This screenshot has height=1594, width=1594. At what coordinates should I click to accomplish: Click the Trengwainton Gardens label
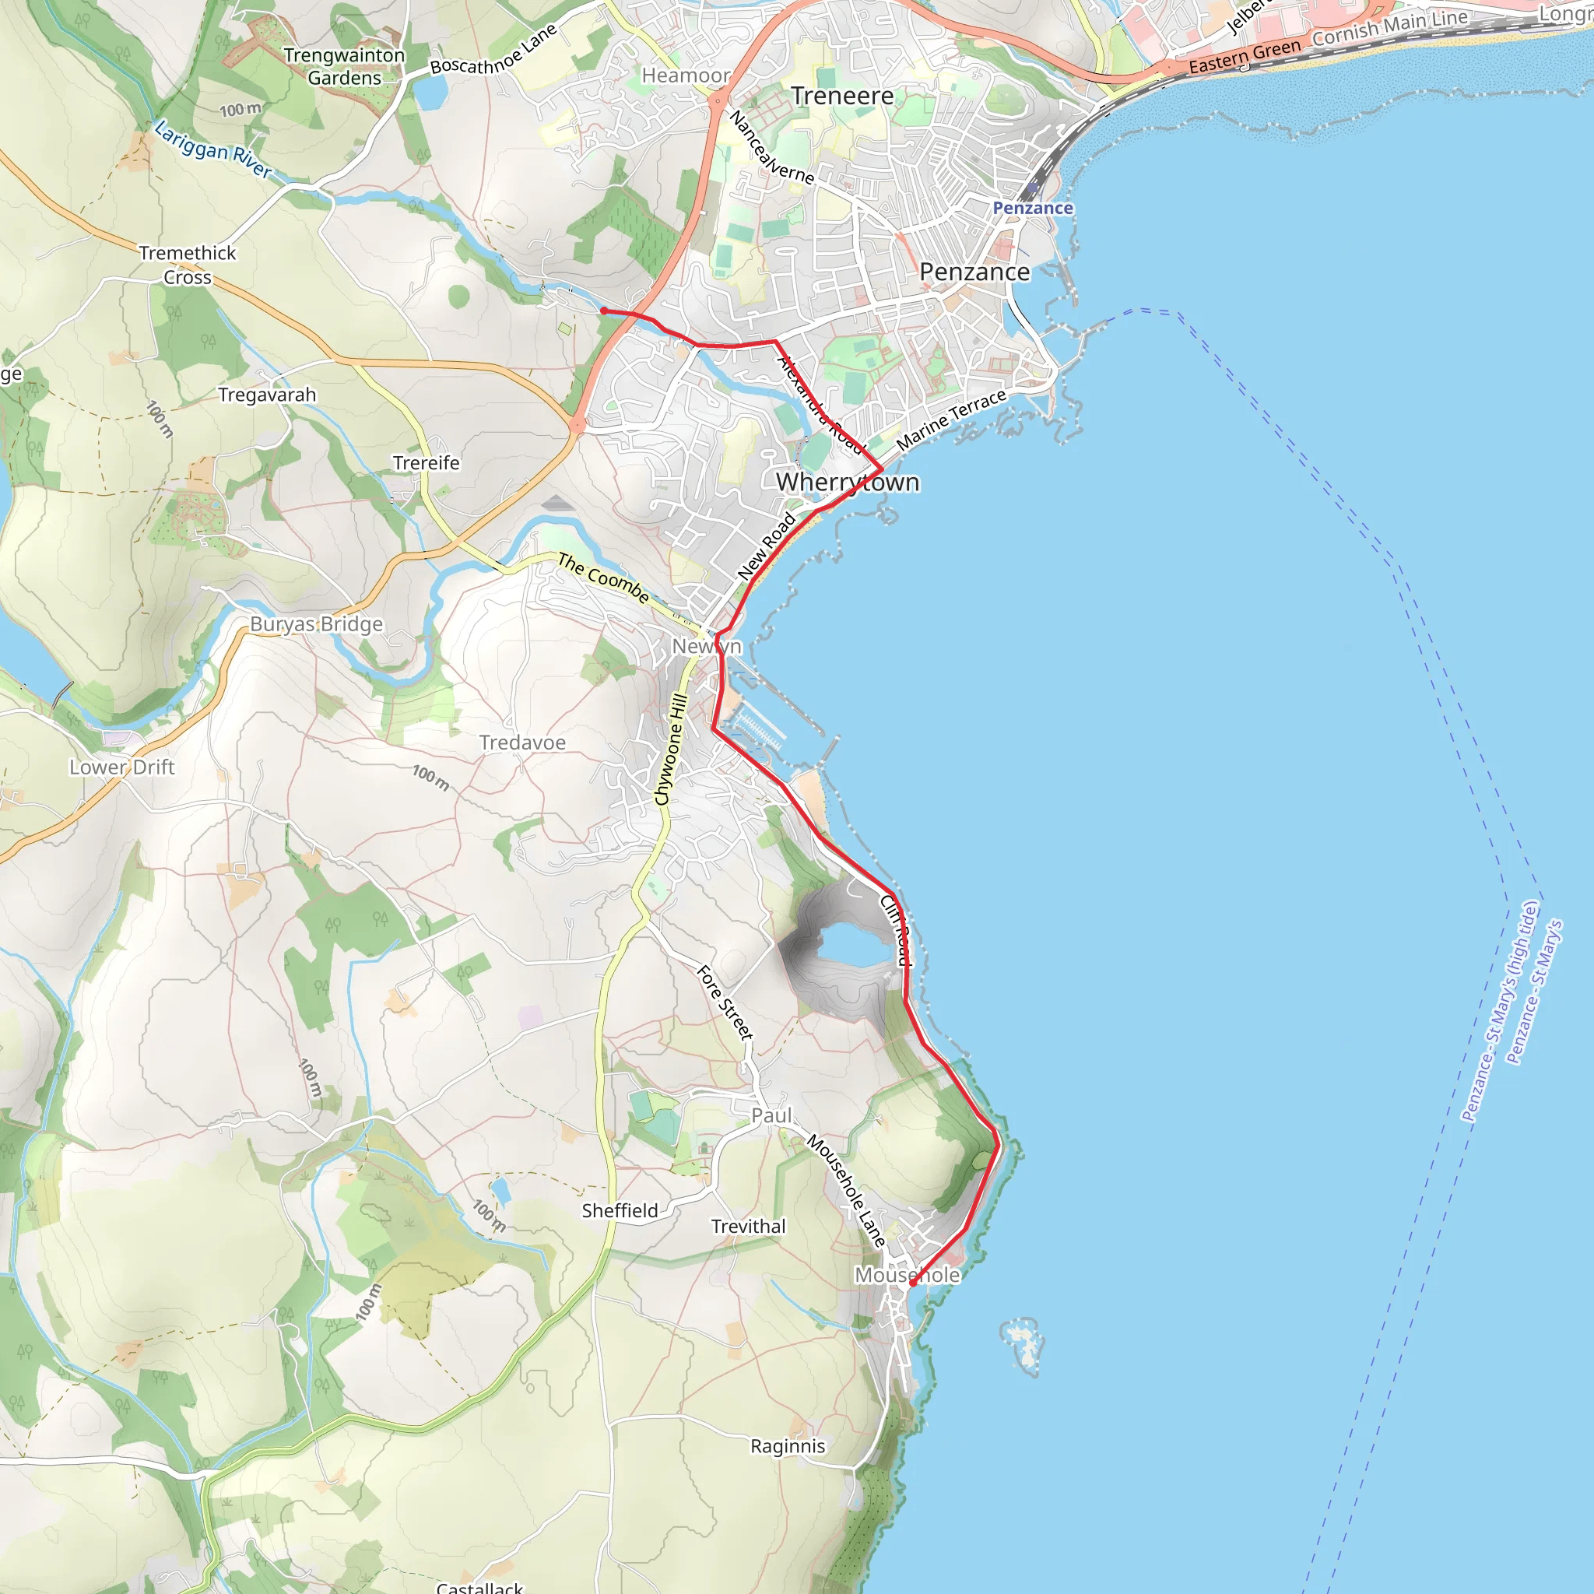click(344, 66)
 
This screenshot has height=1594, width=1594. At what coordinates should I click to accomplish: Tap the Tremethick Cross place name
click(188, 265)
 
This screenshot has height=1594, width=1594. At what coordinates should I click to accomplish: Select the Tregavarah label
click(266, 395)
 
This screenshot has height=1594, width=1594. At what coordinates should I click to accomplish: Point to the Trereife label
click(426, 463)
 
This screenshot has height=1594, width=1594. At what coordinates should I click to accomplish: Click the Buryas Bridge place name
click(317, 623)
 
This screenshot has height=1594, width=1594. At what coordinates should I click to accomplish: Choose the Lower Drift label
click(122, 767)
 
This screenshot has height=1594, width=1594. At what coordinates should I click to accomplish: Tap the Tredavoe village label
click(522, 743)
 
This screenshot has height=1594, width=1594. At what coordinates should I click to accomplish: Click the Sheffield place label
click(620, 1210)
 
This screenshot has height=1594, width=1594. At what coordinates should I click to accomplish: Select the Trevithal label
click(748, 1226)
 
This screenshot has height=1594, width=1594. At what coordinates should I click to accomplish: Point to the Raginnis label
click(787, 1445)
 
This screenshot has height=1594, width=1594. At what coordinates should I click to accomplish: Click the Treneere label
click(842, 96)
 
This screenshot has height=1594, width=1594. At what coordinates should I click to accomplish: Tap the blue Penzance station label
click(1032, 208)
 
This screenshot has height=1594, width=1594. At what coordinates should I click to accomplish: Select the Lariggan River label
click(212, 149)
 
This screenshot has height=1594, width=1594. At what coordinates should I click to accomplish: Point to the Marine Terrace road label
click(951, 420)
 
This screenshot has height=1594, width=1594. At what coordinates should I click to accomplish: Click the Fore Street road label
click(725, 1002)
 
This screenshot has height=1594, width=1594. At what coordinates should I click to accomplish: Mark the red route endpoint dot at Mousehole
click(912, 1283)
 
